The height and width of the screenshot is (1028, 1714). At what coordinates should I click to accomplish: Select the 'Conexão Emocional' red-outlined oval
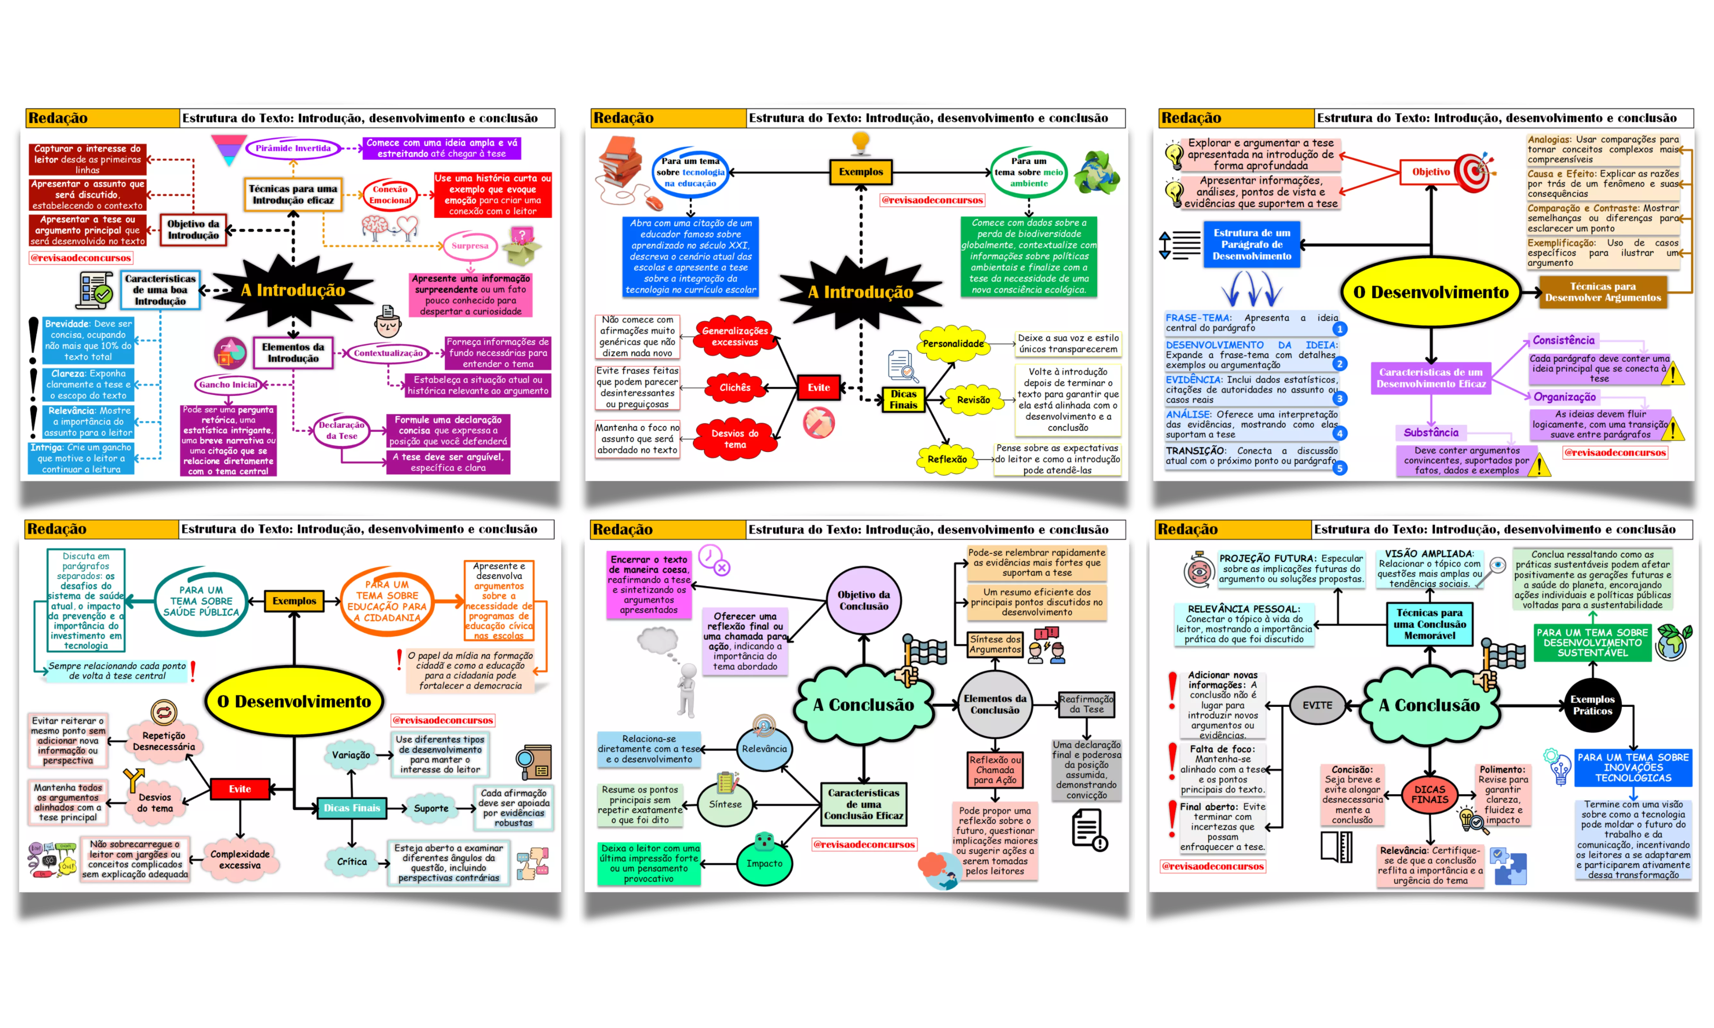point(390,195)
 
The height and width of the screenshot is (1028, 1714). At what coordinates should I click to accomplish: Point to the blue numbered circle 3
point(1340,398)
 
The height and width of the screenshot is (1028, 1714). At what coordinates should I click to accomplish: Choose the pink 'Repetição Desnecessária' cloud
point(164,741)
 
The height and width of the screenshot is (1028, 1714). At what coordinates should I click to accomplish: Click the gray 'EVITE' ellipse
point(1317,705)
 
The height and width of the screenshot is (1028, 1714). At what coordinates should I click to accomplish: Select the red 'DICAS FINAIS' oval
point(1430,794)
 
